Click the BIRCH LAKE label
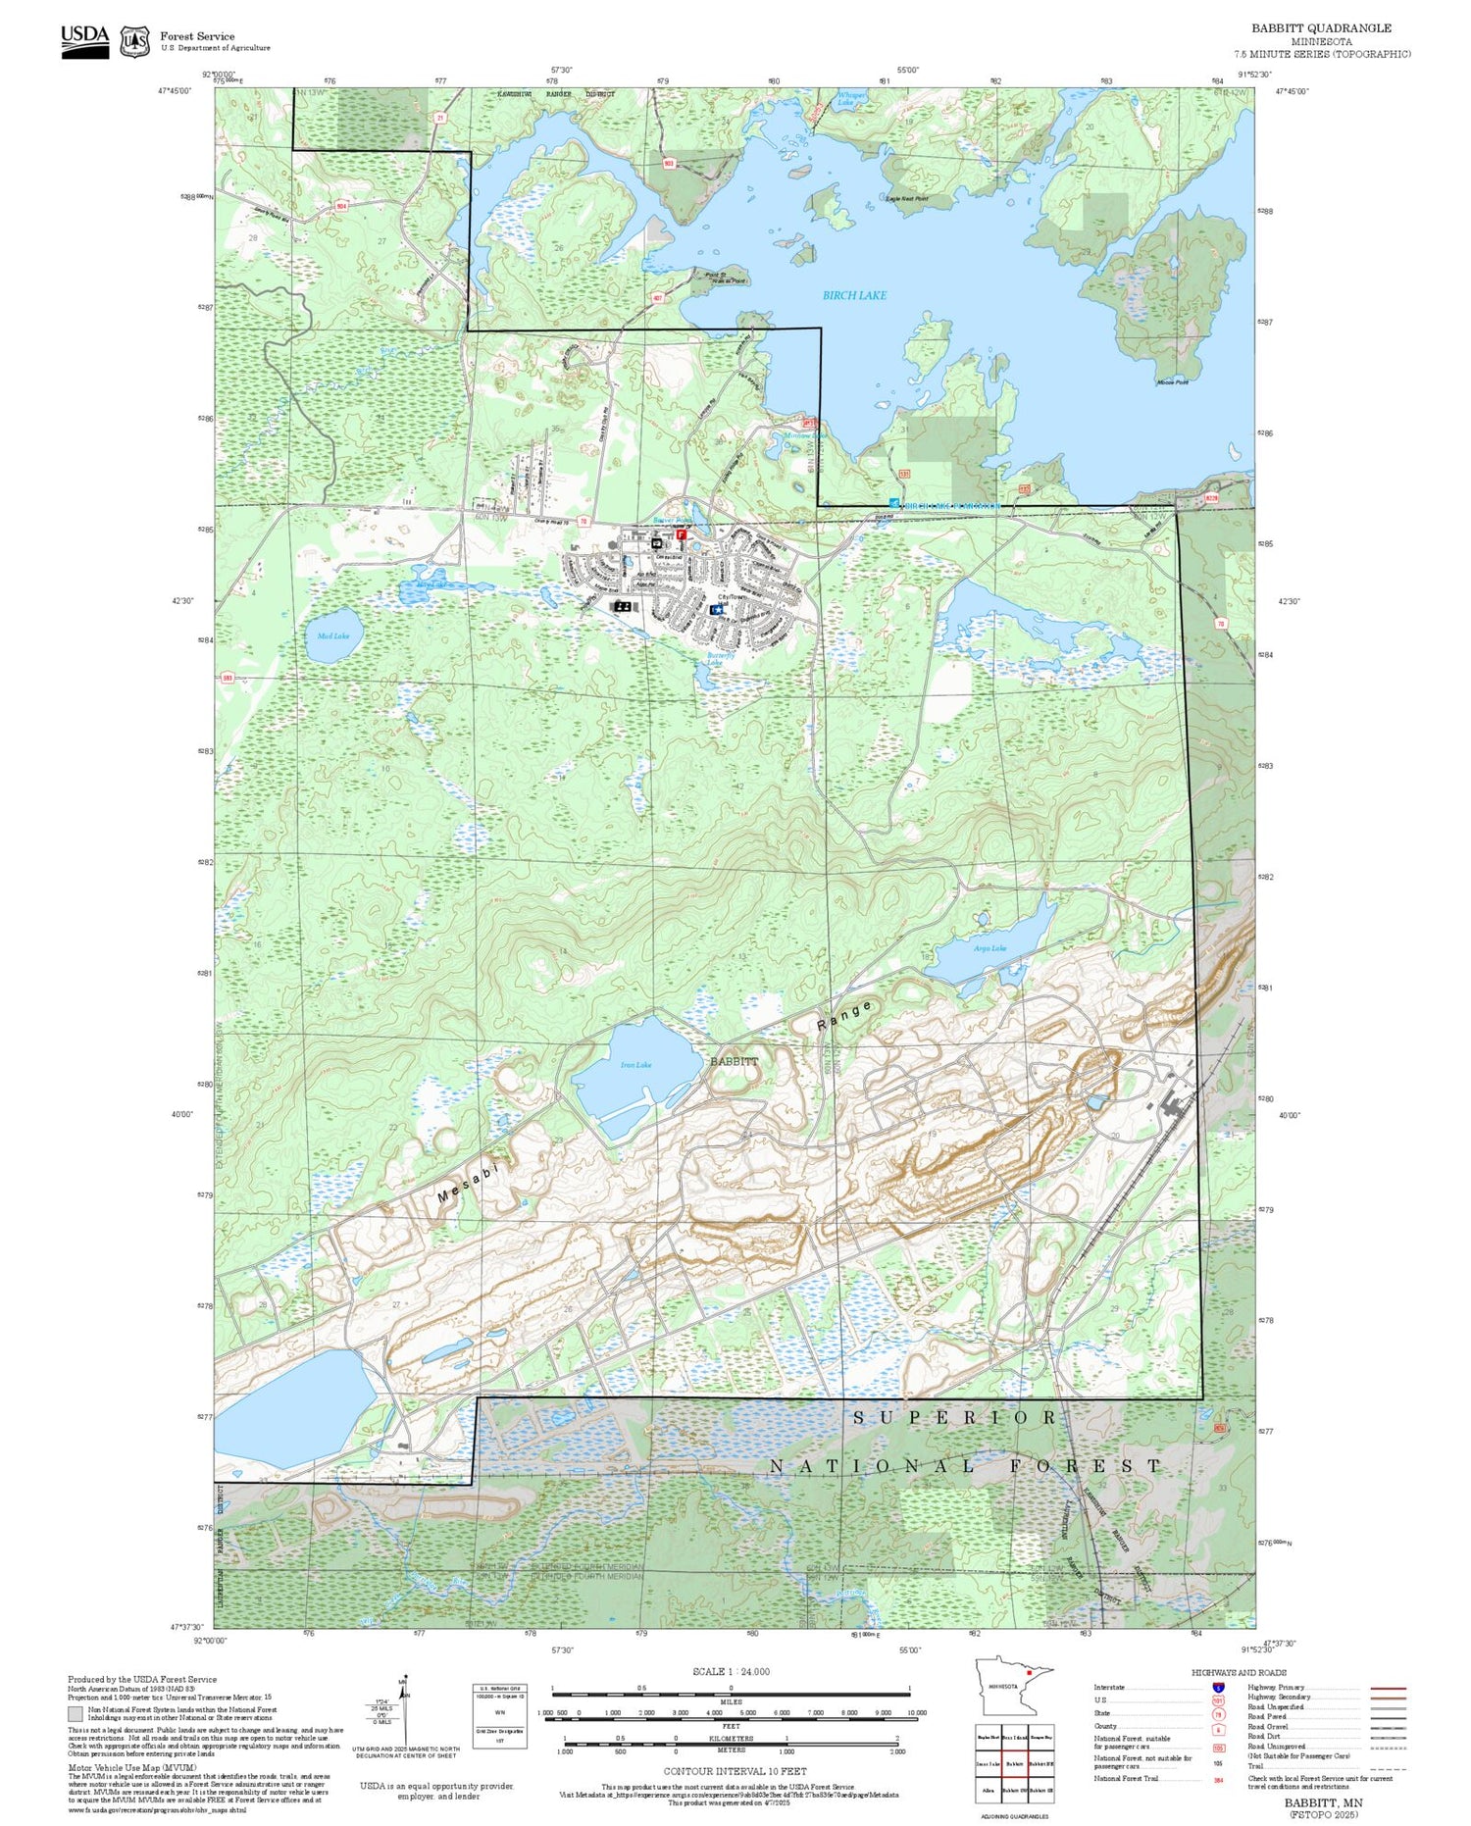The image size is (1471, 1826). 854,295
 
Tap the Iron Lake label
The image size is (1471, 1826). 635,1064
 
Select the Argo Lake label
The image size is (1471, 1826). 989,948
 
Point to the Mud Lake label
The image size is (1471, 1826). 333,635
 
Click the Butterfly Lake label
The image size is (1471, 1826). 714,659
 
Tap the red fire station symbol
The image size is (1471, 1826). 681,534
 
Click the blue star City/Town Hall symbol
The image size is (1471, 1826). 718,609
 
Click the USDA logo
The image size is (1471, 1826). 85,41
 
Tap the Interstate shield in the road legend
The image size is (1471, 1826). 1218,1688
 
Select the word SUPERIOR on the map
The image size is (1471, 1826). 954,1418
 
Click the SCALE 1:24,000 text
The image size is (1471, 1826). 731,1672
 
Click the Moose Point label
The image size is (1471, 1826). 1172,382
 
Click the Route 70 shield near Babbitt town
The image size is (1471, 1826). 583,522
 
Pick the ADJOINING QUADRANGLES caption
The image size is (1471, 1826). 1014,1816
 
